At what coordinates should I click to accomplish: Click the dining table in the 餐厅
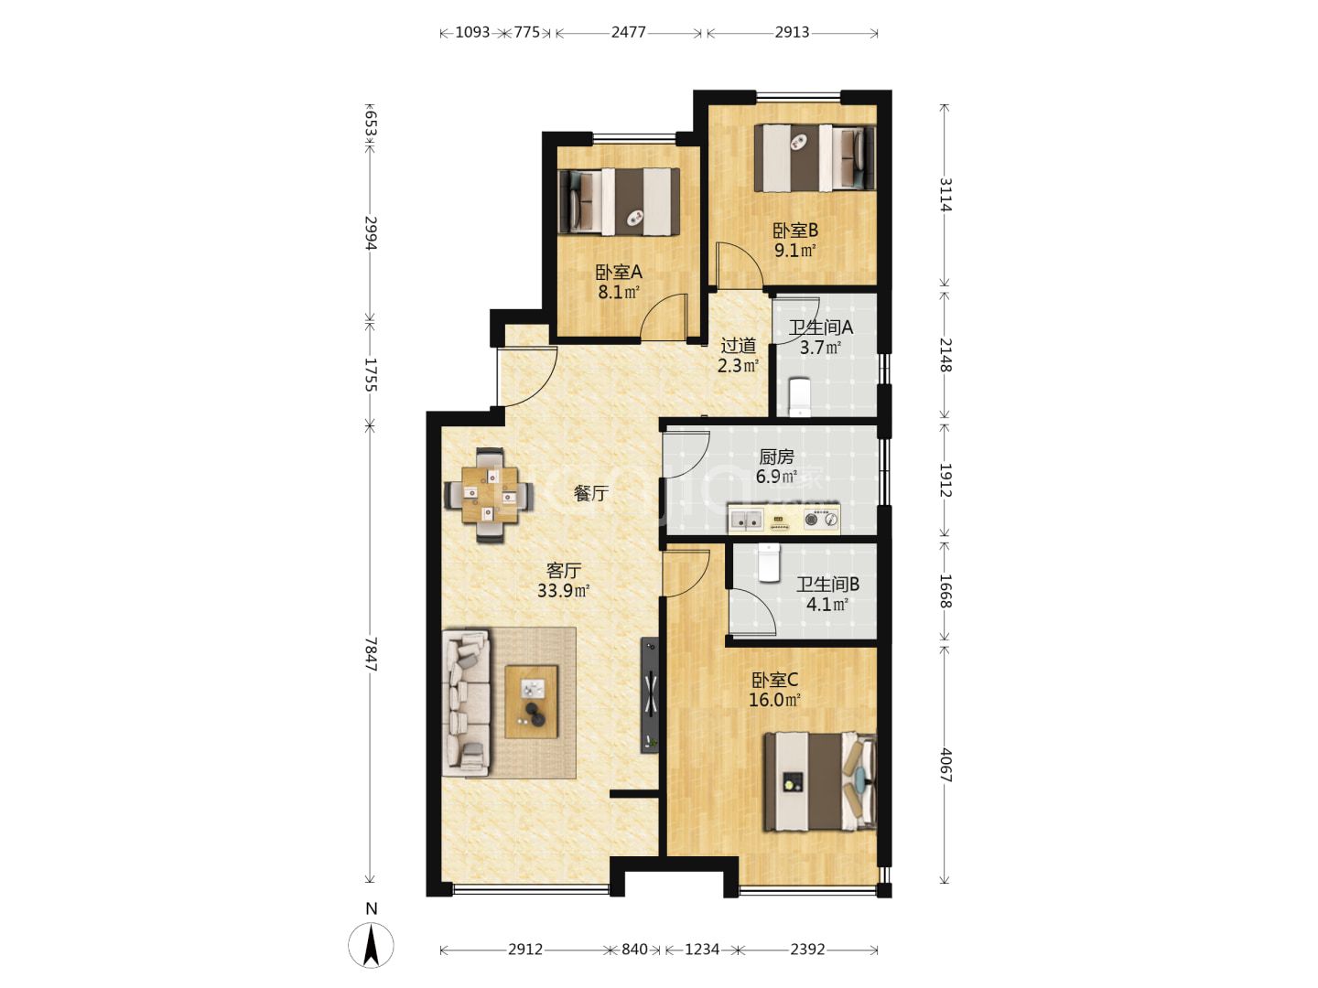[489, 495]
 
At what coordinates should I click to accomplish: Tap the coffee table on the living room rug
[531, 702]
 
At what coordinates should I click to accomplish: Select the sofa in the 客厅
[467, 702]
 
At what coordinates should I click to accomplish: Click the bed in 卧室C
[819, 781]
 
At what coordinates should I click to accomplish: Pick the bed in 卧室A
[619, 201]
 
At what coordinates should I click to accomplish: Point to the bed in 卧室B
[815, 157]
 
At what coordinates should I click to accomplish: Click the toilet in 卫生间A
[799, 396]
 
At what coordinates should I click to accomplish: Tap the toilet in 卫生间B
[769, 563]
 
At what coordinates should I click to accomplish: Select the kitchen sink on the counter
[746, 520]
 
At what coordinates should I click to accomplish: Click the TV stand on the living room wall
[650, 694]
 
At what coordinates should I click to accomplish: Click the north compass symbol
[371, 945]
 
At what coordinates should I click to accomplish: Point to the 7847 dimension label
[371, 654]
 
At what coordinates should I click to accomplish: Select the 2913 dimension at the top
[792, 32]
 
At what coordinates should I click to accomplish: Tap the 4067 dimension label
[945, 765]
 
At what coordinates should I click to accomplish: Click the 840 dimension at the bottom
[634, 950]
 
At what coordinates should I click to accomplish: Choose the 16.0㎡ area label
[774, 700]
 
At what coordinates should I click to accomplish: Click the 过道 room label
[738, 346]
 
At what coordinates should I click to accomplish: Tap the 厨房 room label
[776, 457]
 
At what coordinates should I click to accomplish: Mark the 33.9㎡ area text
[563, 591]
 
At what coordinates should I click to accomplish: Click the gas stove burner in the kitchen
[813, 520]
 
